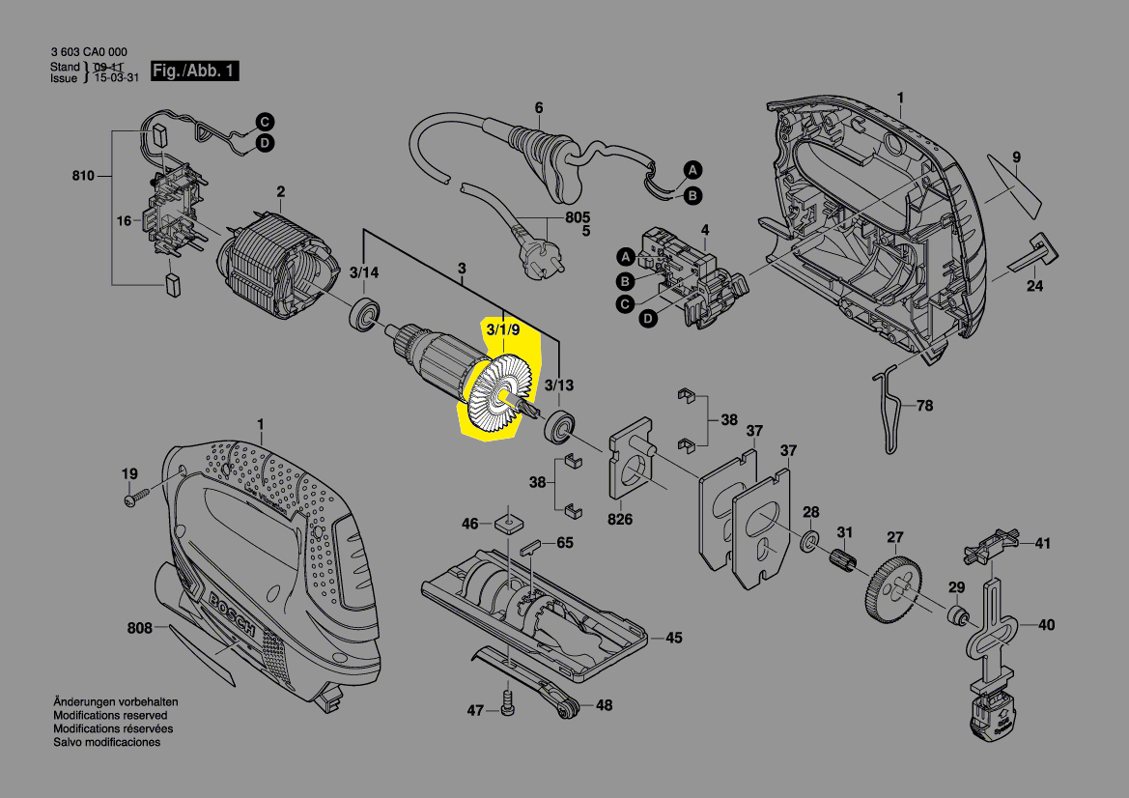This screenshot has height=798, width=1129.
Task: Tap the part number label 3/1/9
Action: point(503,330)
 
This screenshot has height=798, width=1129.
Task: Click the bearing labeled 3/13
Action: point(559,425)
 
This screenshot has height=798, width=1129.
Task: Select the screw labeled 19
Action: point(133,501)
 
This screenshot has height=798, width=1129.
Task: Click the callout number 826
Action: point(620,520)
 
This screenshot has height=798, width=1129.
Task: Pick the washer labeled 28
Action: point(811,537)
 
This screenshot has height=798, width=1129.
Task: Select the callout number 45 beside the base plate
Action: point(673,638)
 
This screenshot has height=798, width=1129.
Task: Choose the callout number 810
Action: point(84,176)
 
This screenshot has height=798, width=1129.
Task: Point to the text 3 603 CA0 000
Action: point(88,52)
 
